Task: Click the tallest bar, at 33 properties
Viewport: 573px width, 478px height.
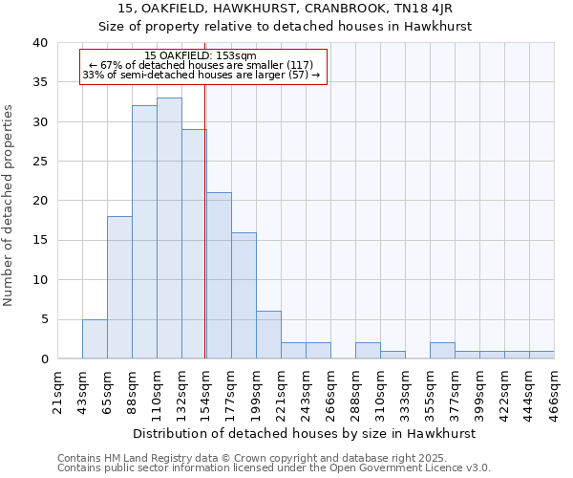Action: pos(169,228)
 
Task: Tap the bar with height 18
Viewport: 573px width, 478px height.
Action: pos(119,287)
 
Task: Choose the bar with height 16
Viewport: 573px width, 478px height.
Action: pos(244,295)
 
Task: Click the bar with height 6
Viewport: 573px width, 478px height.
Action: pos(268,335)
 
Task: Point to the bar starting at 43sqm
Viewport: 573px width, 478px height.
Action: pos(95,338)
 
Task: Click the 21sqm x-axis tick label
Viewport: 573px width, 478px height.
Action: pos(58,393)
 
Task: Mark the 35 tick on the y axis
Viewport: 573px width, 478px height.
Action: pos(40,82)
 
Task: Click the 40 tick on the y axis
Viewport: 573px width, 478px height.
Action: pos(40,43)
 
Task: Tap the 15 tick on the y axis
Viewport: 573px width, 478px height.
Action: pos(40,240)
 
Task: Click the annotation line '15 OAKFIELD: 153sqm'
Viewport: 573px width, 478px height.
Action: pos(201,56)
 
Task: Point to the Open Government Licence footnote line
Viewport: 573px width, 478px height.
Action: pos(274,468)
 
